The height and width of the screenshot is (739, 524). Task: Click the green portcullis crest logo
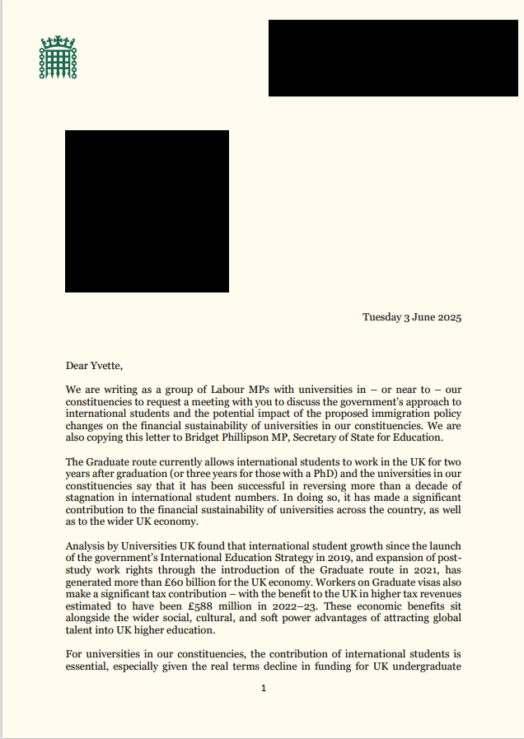[58, 58]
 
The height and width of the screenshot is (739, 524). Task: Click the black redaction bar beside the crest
[393, 58]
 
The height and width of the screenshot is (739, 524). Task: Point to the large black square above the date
[147, 211]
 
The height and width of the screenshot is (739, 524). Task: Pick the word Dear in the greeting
[77, 365]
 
